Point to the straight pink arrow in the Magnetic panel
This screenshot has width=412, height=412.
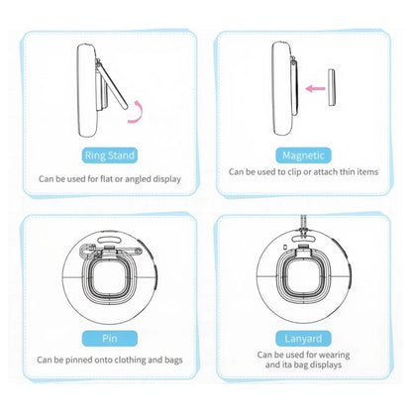click(316, 89)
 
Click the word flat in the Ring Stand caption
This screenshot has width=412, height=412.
click(102, 179)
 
